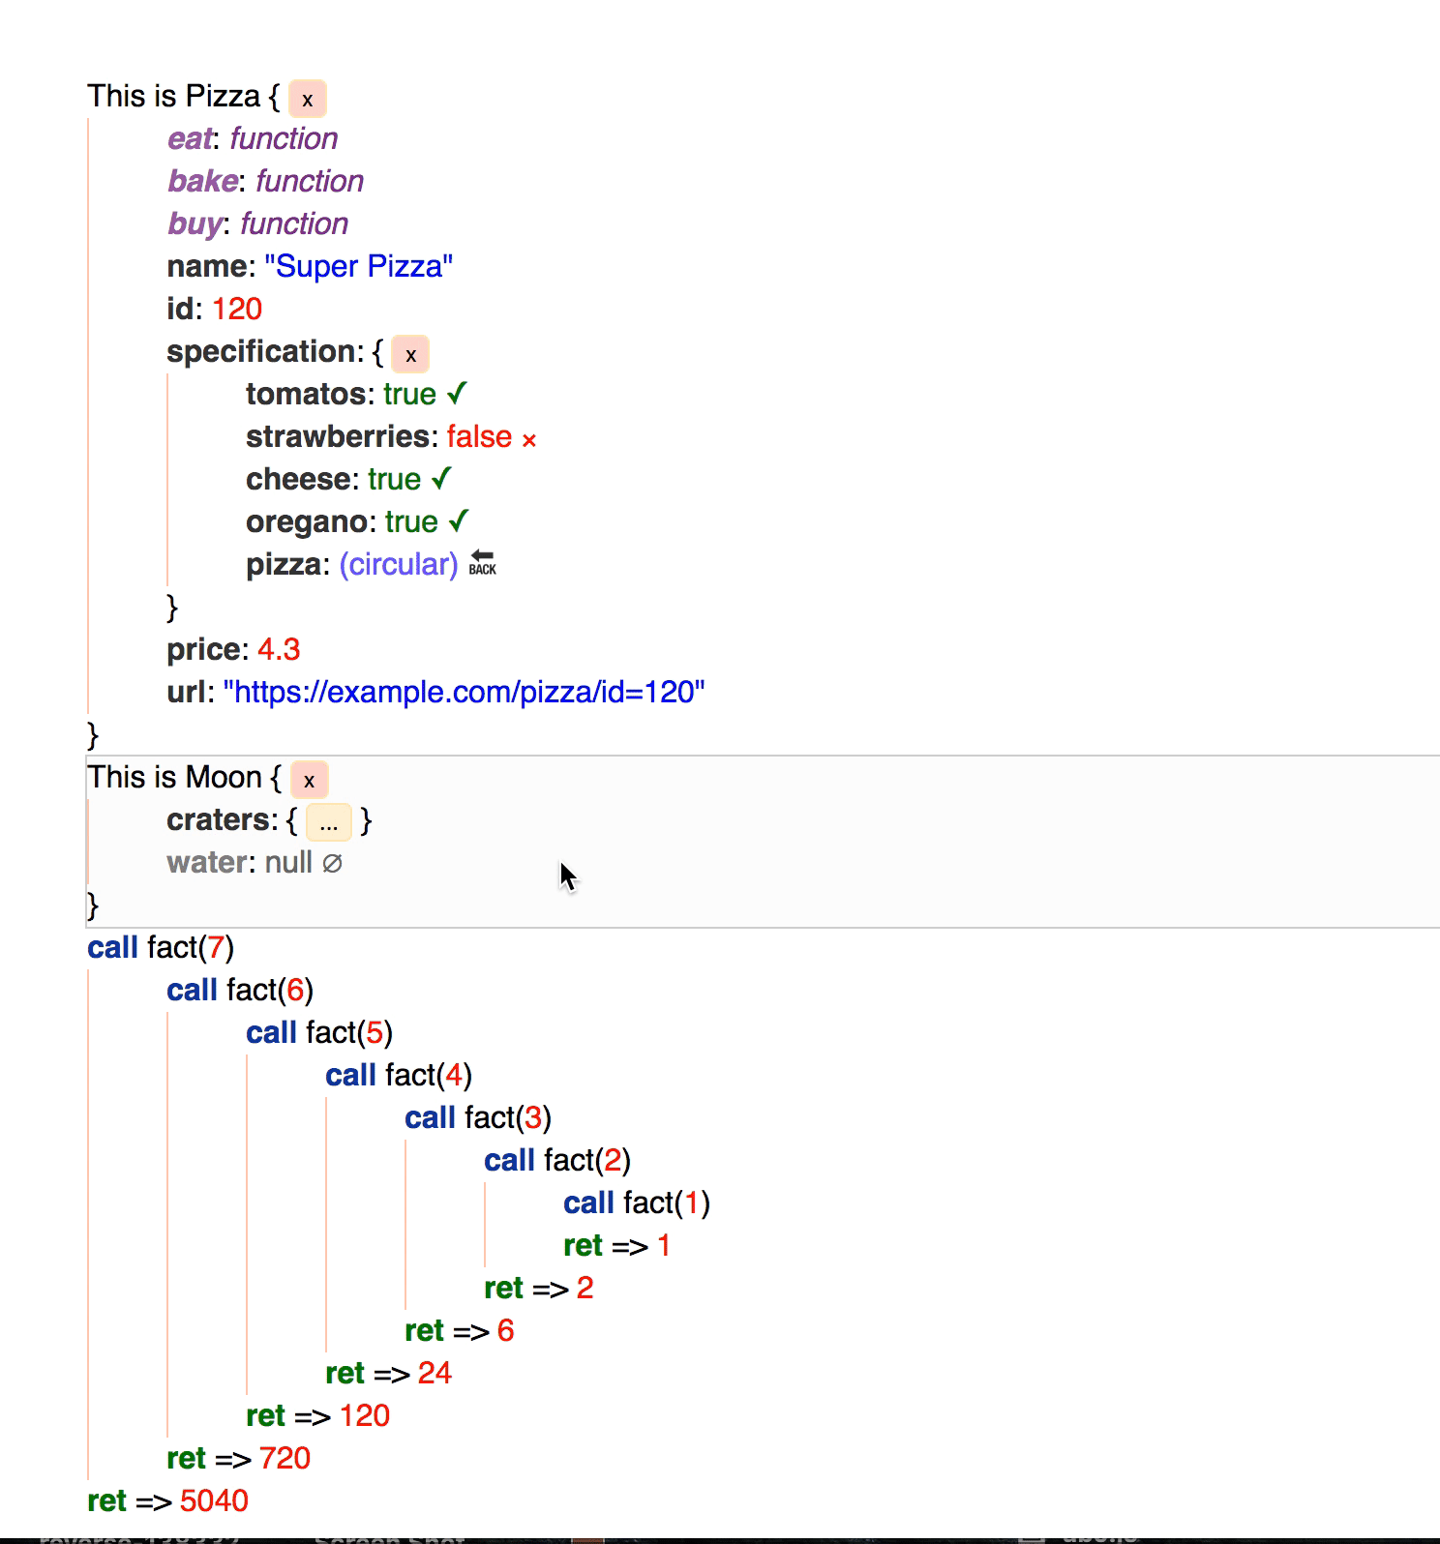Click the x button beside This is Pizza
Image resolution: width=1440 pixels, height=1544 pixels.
coord(308,99)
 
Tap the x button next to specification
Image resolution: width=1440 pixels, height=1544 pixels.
coord(410,354)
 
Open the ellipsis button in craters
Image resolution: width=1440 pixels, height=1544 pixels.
coord(329,822)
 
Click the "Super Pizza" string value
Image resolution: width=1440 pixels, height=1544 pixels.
coord(358,266)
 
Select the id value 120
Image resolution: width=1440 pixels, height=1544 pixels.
coord(237,309)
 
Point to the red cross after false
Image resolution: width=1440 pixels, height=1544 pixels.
coord(529,440)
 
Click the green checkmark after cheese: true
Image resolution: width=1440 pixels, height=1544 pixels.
coord(442,478)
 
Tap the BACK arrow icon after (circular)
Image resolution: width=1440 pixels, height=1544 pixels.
coord(482,562)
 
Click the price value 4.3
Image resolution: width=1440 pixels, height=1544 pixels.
coord(279,649)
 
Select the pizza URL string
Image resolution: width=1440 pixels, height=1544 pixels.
coord(464,692)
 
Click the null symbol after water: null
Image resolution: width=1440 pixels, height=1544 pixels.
coord(332,863)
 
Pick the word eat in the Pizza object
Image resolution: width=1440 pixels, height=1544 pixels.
coord(190,138)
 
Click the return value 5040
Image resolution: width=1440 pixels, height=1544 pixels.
coord(214,1500)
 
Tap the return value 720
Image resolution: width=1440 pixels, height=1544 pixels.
coord(285,1458)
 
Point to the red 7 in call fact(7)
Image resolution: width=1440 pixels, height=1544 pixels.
coord(216,947)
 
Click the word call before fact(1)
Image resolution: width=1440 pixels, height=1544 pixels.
coord(588,1203)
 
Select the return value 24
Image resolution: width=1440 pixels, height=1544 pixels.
coord(435,1373)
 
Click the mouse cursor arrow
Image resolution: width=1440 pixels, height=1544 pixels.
coord(567,876)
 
